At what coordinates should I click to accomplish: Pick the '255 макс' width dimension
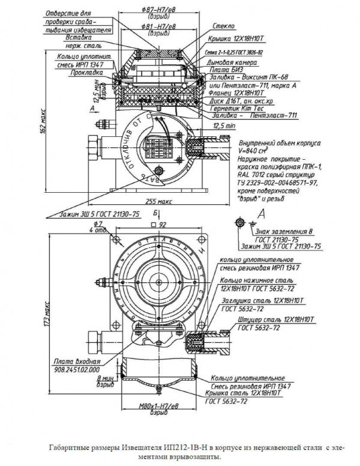(x=159, y=202)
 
